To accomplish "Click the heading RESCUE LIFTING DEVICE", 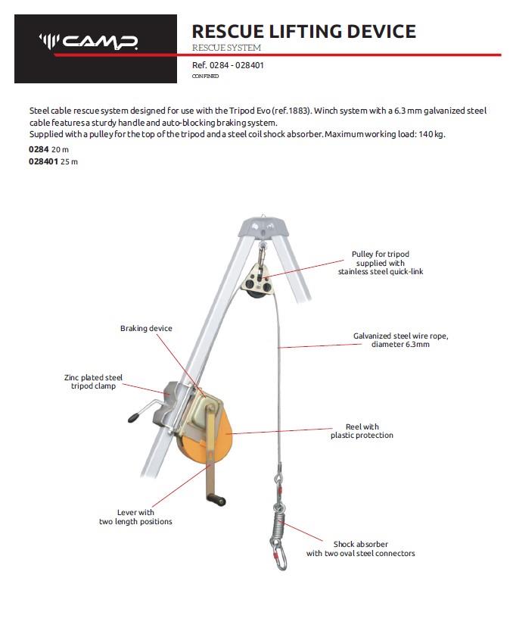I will tap(303, 31).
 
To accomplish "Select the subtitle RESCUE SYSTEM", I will tap(226, 48).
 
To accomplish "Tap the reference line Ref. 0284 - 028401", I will tap(228, 66).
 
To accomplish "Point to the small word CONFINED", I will tap(206, 77).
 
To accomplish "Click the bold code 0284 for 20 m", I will tap(39, 150).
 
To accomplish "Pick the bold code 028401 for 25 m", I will tap(43, 161).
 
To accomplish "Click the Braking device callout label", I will tap(146, 329).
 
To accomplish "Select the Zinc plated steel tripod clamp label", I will tap(92, 382).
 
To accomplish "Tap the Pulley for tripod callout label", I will tap(380, 262).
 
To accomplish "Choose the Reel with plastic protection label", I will tap(362, 431).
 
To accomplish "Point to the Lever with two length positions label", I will tap(135, 517).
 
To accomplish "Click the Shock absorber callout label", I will tap(360, 548).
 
